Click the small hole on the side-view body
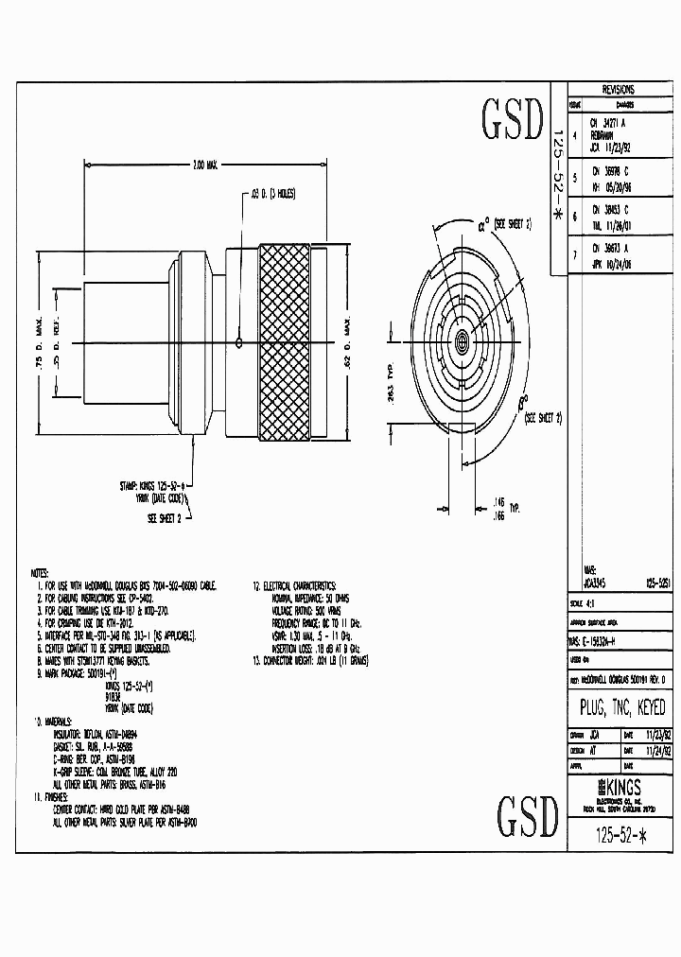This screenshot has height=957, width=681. point(241,342)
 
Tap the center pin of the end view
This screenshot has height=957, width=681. point(463,341)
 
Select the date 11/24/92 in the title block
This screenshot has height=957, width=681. point(654,750)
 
